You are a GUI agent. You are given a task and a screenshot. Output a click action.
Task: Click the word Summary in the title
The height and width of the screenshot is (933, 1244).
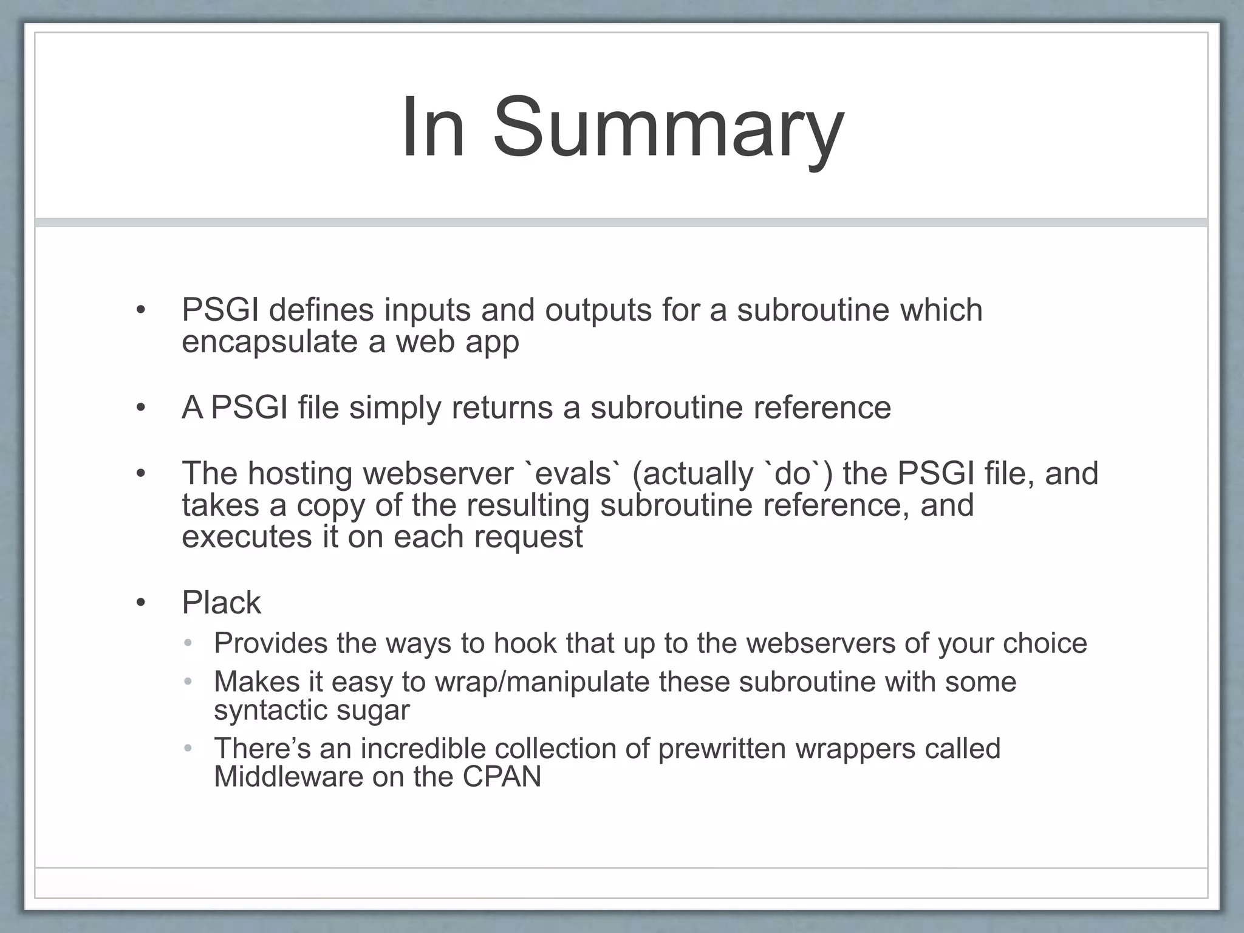click(668, 129)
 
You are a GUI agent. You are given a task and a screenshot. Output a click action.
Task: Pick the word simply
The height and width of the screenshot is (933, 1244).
click(395, 408)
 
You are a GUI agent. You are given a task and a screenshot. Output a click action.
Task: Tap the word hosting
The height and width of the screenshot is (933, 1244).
click(299, 474)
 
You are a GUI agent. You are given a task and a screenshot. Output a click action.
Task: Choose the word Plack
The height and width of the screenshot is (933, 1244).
click(221, 603)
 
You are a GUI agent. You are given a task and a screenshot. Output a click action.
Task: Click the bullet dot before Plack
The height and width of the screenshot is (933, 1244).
click(141, 603)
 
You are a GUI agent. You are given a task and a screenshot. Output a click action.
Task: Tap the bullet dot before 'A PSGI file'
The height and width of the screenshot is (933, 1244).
click(141, 408)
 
